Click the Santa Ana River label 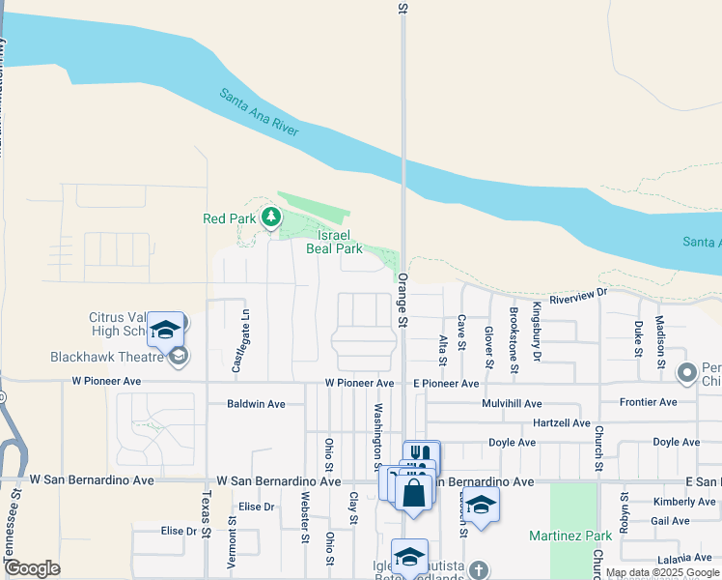pos(260,114)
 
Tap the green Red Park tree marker pos(271,218)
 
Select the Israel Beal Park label pos(334,242)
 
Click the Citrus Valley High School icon pos(166,330)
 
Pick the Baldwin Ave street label pos(256,404)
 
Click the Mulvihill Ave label pos(505,403)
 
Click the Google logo pos(32,568)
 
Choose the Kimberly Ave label pos(683,502)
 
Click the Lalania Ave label pos(684,558)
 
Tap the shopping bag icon pos(413,493)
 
